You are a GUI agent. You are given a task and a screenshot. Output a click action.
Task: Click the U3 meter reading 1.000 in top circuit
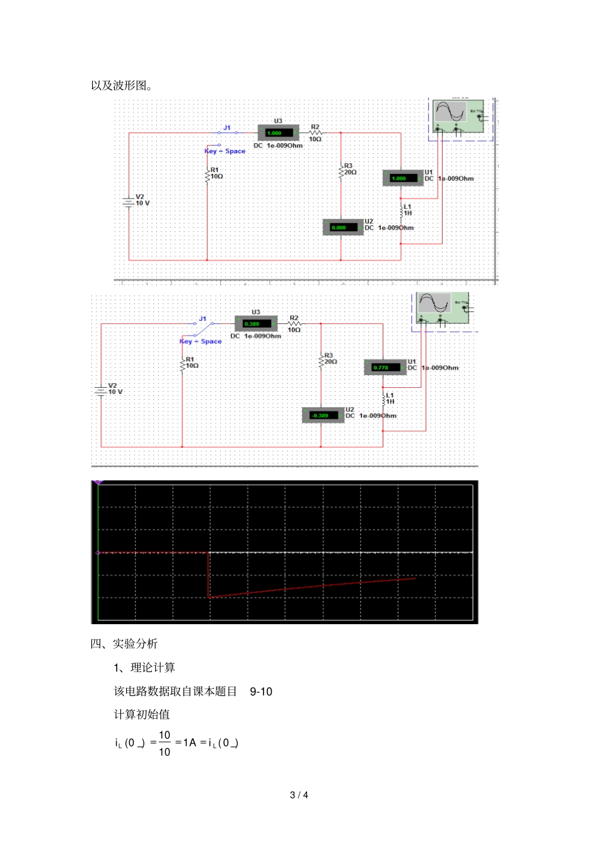point(278,133)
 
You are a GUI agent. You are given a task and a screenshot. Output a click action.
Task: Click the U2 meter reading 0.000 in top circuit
point(342,228)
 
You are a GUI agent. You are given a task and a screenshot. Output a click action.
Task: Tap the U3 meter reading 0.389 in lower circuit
point(255,324)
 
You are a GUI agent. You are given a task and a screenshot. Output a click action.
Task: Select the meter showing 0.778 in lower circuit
point(385,367)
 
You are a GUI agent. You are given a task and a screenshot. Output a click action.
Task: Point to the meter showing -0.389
point(323,415)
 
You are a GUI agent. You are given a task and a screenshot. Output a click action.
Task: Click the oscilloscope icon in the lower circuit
point(442,308)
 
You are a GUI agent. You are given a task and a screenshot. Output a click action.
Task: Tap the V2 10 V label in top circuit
point(142,200)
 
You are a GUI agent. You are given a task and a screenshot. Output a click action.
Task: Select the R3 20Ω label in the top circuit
point(349,169)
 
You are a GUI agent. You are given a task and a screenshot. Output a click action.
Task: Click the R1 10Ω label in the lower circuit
point(191,363)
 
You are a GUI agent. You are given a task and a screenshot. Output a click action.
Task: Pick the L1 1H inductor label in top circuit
point(407,210)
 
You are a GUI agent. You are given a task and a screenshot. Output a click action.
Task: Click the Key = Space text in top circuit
point(225,151)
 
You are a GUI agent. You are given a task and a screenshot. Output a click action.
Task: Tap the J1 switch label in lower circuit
point(202,319)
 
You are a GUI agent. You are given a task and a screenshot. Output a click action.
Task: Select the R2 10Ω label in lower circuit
point(294,324)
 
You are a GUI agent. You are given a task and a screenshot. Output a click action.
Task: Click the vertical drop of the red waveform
point(209,575)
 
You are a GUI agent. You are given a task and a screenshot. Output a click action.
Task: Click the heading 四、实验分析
point(124,644)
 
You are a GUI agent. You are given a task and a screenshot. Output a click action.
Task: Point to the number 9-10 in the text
point(260,692)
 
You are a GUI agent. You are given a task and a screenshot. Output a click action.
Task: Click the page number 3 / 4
point(299,795)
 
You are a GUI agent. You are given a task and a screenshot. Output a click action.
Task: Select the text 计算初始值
point(142,714)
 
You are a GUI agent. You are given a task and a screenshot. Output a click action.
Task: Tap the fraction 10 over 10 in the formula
point(164,743)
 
